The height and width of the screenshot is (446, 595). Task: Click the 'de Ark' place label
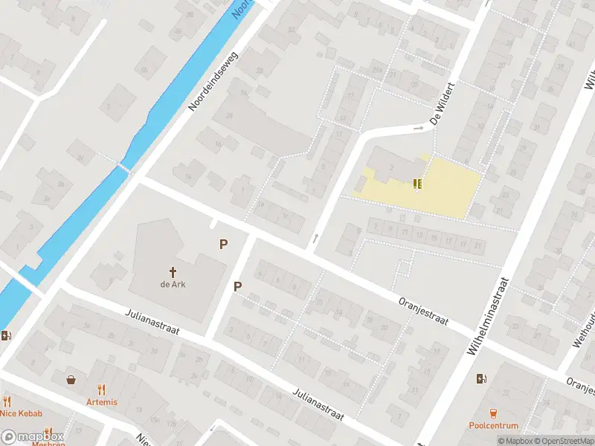click(x=173, y=285)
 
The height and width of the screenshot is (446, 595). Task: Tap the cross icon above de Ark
click(x=173, y=272)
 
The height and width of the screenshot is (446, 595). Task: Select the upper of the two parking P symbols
click(x=222, y=244)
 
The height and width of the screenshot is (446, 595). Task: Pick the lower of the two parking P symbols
click(x=238, y=286)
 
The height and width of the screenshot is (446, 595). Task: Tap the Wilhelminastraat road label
click(x=489, y=316)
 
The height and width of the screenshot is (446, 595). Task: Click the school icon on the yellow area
click(x=417, y=183)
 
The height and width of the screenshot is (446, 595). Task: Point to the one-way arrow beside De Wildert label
click(x=418, y=128)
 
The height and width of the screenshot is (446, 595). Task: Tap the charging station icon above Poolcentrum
click(x=481, y=378)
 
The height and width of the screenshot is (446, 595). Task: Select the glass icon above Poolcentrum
click(x=492, y=413)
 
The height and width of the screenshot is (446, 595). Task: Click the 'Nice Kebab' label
click(x=21, y=413)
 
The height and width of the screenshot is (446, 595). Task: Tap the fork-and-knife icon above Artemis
click(x=101, y=389)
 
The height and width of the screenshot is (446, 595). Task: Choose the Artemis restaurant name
click(x=101, y=401)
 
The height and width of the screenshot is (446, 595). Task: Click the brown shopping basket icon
click(x=71, y=379)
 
